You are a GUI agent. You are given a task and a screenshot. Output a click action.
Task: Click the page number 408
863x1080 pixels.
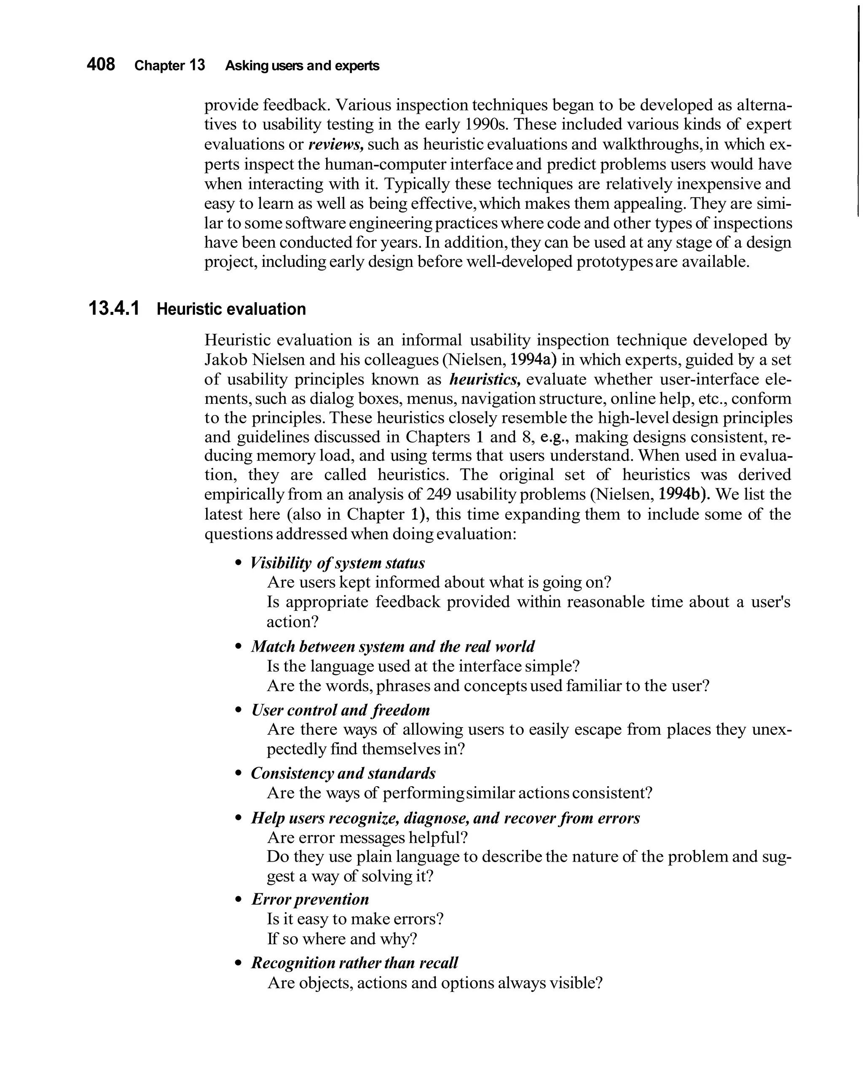point(101,64)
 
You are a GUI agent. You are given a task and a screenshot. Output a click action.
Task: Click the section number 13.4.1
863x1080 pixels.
point(114,309)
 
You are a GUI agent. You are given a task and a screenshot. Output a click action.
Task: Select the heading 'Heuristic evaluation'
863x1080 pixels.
point(231,309)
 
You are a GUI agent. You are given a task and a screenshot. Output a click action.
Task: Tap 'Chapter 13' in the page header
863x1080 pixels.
point(170,66)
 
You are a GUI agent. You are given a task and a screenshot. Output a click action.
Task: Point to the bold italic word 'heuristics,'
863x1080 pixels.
point(485,379)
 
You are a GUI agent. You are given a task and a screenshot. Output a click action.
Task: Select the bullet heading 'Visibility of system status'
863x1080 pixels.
point(338,563)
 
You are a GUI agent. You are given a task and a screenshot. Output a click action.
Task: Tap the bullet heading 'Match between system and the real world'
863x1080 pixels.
point(393,646)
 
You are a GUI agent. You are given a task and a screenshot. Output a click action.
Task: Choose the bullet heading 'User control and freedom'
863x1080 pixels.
point(340,710)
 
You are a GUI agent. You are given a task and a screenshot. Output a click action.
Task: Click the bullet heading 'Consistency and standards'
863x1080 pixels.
point(343,774)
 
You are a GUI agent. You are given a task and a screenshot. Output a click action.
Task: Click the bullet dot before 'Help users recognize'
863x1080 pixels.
point(239,819)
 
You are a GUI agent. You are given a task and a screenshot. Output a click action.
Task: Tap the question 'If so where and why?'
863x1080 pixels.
point(342,939)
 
